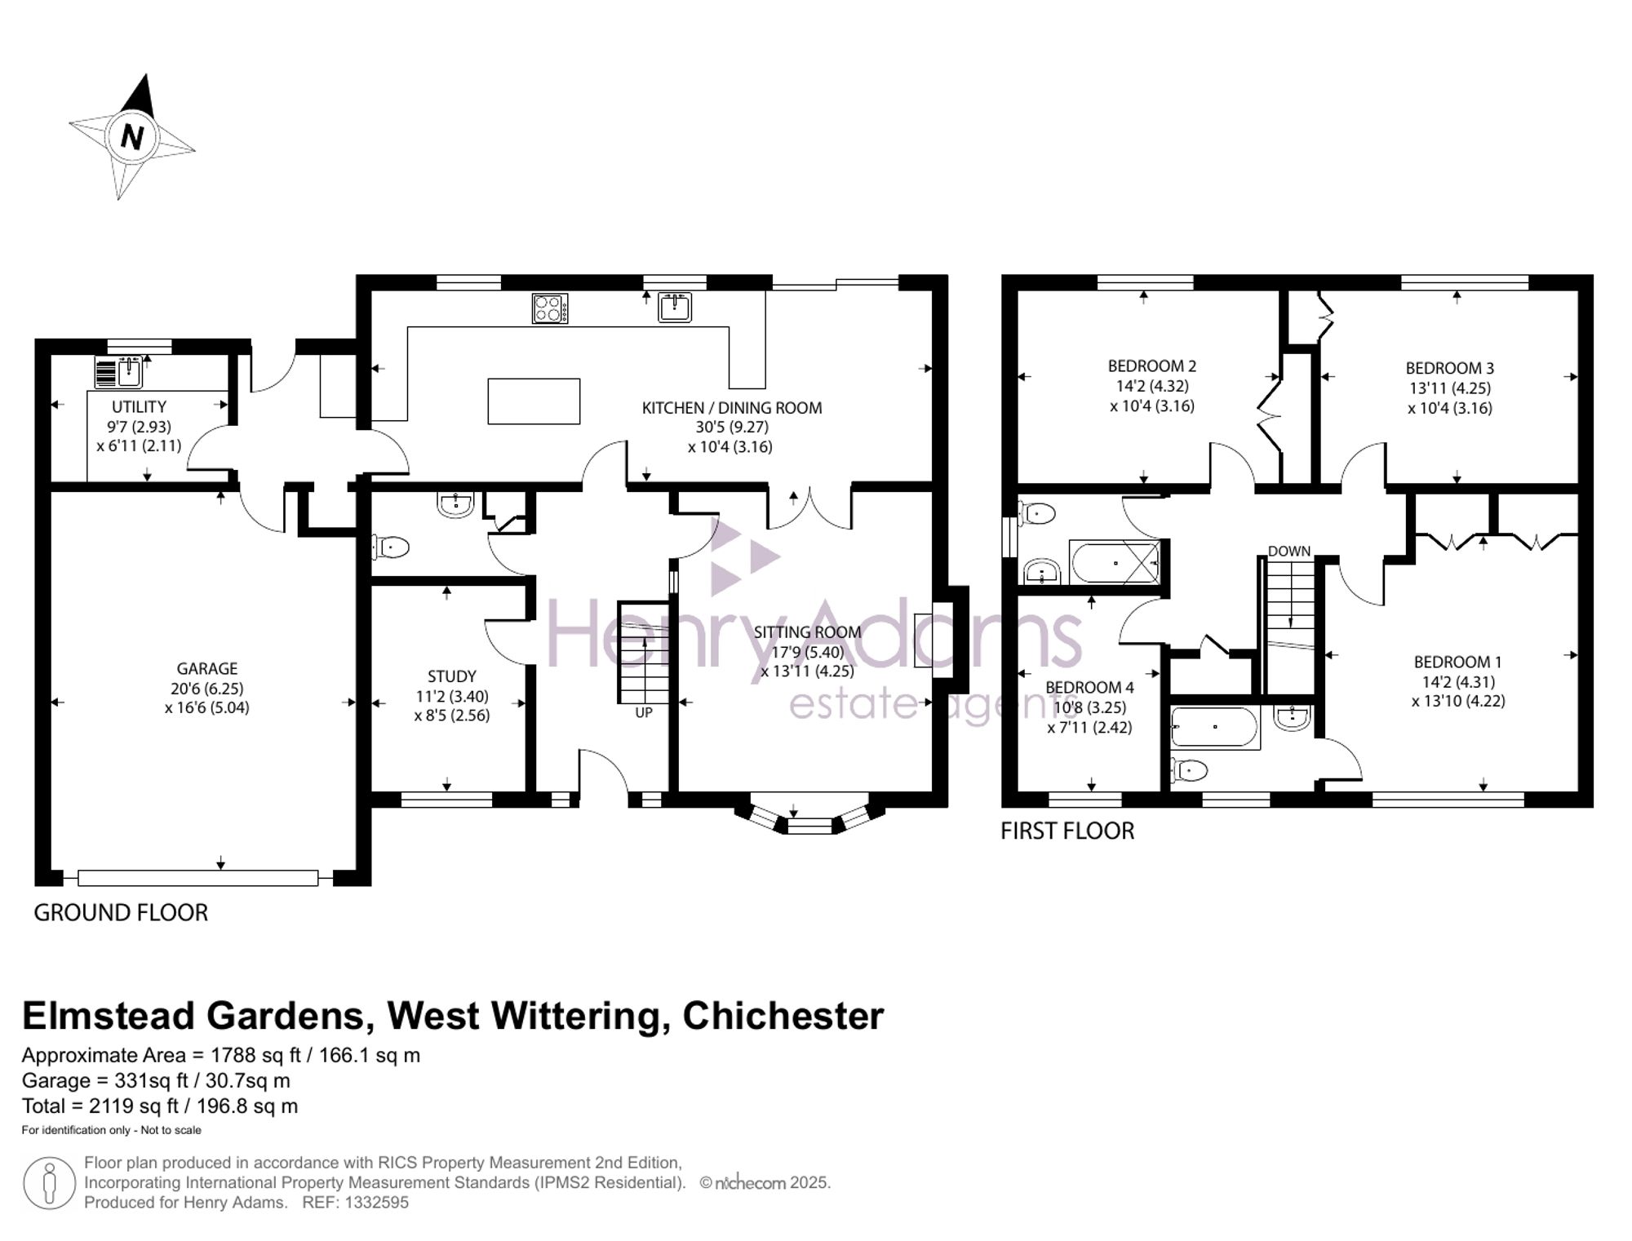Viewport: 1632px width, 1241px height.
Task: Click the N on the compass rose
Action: pos(132,135)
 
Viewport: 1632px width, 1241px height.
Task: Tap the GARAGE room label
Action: pos(207,668)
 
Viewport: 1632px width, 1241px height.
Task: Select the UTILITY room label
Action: pos(139,406)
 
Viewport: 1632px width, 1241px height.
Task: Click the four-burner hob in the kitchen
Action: pos(549,308)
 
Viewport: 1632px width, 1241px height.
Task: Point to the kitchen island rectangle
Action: pos(534,401)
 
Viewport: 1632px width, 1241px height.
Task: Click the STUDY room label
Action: pos(452,676)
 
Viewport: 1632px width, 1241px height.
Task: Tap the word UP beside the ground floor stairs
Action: pos(644,712)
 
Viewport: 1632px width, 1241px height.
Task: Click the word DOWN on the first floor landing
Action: pos(1289,552)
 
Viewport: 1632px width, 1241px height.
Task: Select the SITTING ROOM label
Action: pos(807,632)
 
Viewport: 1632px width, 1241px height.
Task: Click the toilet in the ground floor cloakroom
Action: pos(391,547)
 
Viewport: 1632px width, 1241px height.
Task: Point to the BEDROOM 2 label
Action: pos(1151,366)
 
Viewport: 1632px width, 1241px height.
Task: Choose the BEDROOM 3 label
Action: pos(1449,368)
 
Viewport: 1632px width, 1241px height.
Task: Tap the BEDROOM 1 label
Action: pos(1457,662)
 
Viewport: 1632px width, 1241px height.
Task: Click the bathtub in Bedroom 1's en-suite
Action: pos(1215,728)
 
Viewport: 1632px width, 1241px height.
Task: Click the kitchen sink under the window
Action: pos(676,308)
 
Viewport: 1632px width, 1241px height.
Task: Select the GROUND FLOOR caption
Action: pos(121,912)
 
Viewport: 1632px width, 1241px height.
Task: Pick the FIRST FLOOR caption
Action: pos(1067,831)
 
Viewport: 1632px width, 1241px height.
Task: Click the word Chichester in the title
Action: pos(783,1016)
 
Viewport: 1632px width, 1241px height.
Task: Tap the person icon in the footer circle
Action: pos(50,1183)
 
